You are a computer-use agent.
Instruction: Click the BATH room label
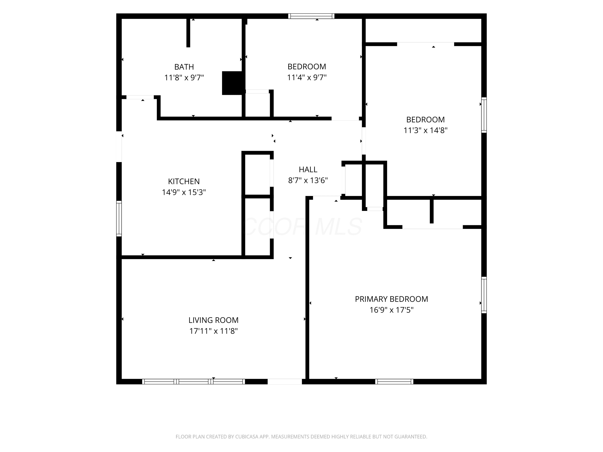click(x=184, y=67)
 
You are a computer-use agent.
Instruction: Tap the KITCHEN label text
click(x=184, y=181)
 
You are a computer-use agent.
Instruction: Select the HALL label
click(x=308, y=170)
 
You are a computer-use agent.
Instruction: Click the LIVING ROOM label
click(x=213, y=320)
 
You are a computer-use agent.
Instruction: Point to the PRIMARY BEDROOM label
click(x=392, y=299)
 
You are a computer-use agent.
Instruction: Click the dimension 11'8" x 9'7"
click(x=184, y=78)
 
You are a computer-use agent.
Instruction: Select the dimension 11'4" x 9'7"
click(x=307, y=77)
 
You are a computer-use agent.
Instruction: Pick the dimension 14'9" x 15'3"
click(x=184, y=192)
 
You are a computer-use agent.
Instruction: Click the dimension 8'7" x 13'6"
click(x=308, y=180)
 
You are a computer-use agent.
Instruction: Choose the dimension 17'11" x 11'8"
click(x=213, y=331)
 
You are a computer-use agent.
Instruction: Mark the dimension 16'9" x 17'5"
click(x=392, y=310)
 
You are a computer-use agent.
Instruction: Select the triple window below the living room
click(x=194, y=381)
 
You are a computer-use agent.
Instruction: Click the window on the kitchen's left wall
click(x=119, y=219)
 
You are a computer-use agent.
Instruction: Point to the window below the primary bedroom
click(x=394, y=381)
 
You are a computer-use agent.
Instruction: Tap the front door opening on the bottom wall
click(x=285, y=381)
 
